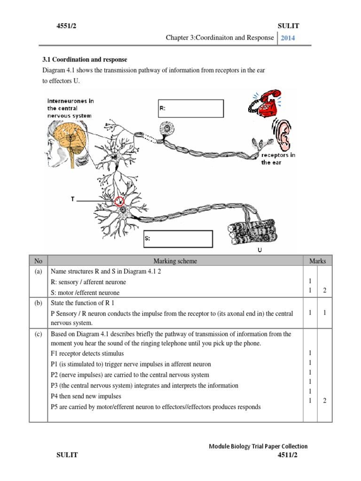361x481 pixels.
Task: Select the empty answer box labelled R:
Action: pos(191,108)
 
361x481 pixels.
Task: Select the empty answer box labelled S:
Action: pos(178,239)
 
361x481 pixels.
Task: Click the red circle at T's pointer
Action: pos(120,202)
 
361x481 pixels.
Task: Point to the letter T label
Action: pos(72,200)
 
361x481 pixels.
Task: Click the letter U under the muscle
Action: pos(259,251)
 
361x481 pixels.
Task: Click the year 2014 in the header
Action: pos(288,38)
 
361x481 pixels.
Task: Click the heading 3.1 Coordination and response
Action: pos(85,60)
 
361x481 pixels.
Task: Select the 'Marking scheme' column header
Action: pos(175,261)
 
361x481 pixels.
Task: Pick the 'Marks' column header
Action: pos(317,261)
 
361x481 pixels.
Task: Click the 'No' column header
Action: pos(38,261)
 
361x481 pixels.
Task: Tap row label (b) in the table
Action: pos(38,303)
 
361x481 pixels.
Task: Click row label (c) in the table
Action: pos(38,334)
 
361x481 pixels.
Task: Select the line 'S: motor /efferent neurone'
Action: pos(85,293)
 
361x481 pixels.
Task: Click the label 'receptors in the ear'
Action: pos(278,159)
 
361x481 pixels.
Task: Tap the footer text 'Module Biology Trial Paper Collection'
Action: pos(258,446)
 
